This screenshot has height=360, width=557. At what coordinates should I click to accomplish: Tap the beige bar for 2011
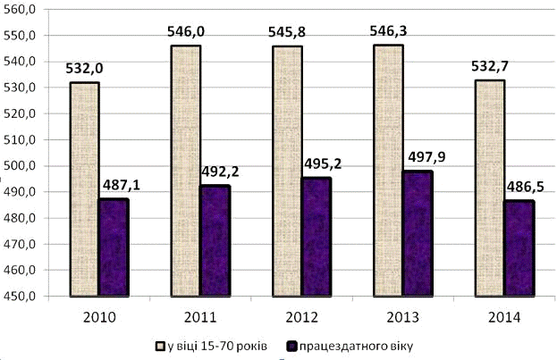point(186,171)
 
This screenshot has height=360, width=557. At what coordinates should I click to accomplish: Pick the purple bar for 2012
point(316,237)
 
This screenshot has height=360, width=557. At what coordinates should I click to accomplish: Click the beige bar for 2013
point(389,171)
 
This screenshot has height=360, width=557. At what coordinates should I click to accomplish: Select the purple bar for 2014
point(519,248)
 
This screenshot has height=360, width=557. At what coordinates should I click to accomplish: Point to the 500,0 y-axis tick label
point(19,166)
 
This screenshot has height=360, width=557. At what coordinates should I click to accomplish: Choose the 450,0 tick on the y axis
point(19,297)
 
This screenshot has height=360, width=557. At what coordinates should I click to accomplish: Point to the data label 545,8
point(288,32)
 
